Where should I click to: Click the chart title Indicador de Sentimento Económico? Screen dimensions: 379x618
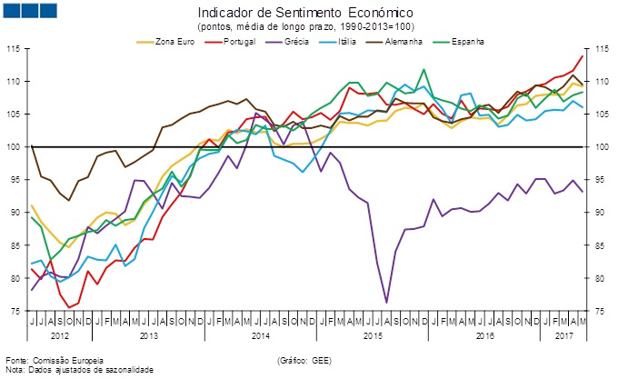305,13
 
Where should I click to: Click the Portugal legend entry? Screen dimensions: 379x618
232,41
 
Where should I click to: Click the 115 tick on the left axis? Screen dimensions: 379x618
15,49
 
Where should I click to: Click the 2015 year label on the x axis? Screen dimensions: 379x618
373,336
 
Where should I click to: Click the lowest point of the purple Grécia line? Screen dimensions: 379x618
386,302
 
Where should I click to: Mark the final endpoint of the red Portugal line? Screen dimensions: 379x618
583,56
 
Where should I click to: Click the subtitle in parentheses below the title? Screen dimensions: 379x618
305,26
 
